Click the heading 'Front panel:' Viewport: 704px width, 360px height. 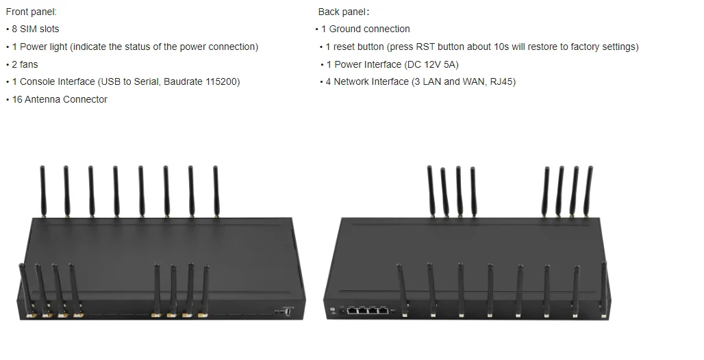tap(32, 12)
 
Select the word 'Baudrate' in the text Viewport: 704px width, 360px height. tap(182, 81)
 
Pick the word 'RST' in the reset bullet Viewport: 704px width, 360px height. tap(427, 47)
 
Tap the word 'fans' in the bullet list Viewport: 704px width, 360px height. tap(29, 64)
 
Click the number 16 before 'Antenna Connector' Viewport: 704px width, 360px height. tap(17, 99)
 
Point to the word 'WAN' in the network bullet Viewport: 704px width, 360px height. tap(474, 81)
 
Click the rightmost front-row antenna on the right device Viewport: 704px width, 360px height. tap(604, 287)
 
